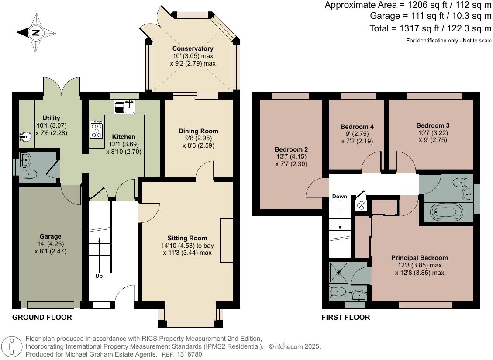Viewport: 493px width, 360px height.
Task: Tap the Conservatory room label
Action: pyautogui.click(x=193, y=48)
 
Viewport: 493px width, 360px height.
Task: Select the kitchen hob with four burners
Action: pyautogui.click(x=96, y=129)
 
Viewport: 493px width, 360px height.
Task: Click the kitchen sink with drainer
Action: pyautogui.click(x=125, y=107)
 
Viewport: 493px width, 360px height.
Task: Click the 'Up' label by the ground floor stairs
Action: pyautogui.click(x=99, y=276)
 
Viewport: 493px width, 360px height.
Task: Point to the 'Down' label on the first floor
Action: pyautogui.click(x=339, y=197)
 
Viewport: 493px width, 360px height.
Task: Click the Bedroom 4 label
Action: pyautogui.click(x=357, y=127)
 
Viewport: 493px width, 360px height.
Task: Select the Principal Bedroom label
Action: pyautogui.click(x=419, y=258)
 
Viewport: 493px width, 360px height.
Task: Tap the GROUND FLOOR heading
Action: pyautogui.click(x=42, y=317)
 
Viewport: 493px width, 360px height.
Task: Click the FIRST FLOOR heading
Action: pyautogui.click(x=346, y=317)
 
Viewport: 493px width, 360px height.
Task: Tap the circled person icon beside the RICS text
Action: pyautogui.click(x=12, y=346)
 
